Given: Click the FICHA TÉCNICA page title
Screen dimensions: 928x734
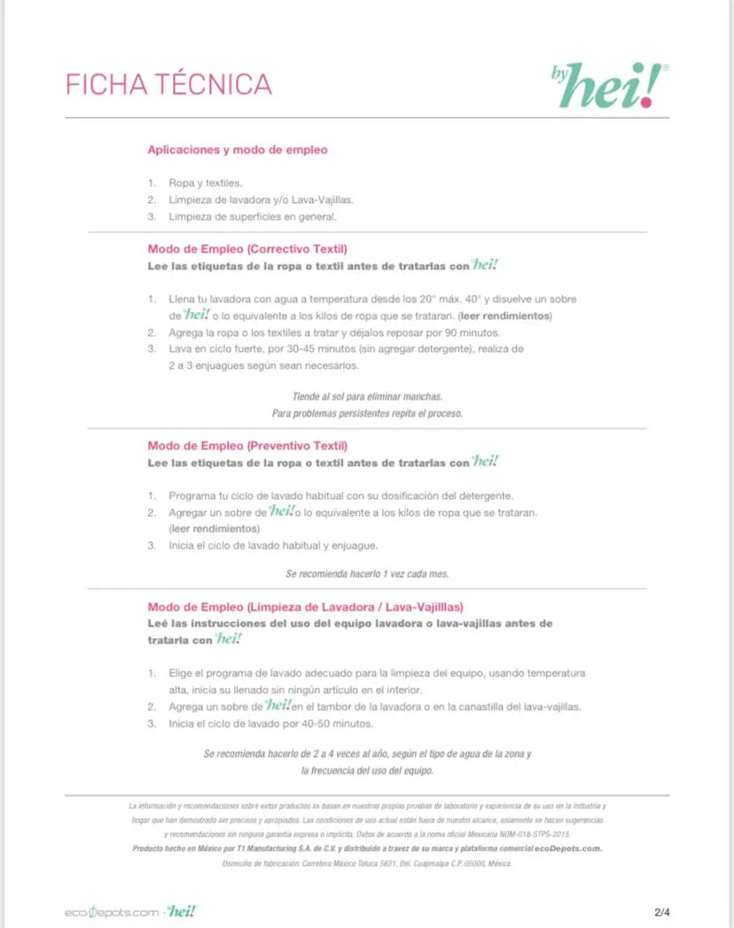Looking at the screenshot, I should click(x=168, y=84).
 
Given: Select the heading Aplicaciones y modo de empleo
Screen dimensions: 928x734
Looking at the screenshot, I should click(x=237, y=150).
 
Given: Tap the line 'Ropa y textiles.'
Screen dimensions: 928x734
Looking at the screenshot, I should click(x=205, y=183).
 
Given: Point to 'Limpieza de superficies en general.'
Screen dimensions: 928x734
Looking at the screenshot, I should click(x=253, y=215).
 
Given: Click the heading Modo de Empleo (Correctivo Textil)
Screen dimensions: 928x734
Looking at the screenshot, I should click(x=247, y=248).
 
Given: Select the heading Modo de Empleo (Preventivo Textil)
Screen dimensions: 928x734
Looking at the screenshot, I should click(x=247, y=445).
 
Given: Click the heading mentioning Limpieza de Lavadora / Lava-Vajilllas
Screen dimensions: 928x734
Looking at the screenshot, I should click(x=305, y=607).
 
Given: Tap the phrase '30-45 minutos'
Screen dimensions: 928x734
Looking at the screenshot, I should click(x=306, y=349).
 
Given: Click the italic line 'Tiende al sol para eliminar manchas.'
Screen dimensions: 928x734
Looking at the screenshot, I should click(x=367, y=396).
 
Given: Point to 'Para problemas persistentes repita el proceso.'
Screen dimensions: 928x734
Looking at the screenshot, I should click(x=367, y=413).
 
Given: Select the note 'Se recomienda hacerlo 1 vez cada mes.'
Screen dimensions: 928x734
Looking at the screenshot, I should click(x=367, y=573).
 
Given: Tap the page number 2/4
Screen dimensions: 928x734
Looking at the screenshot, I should click(x=662, y=912).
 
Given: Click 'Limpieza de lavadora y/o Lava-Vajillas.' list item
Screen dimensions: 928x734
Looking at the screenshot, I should click(x=266, y=199).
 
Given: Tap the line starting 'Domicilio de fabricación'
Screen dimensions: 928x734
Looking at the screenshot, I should click(x=367, y=862).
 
